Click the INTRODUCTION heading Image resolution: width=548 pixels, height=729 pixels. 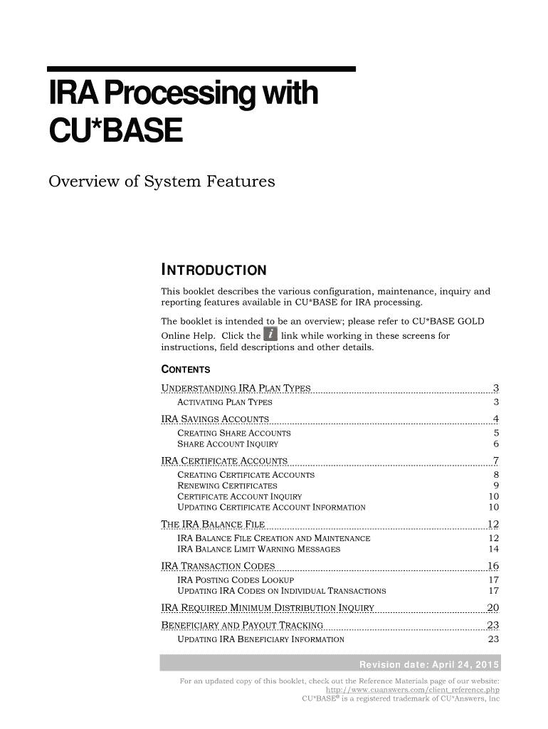tap(214, 271)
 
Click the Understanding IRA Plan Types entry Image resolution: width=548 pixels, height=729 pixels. tap(236, 388)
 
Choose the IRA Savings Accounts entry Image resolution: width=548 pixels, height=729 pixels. tap(216, 418)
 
